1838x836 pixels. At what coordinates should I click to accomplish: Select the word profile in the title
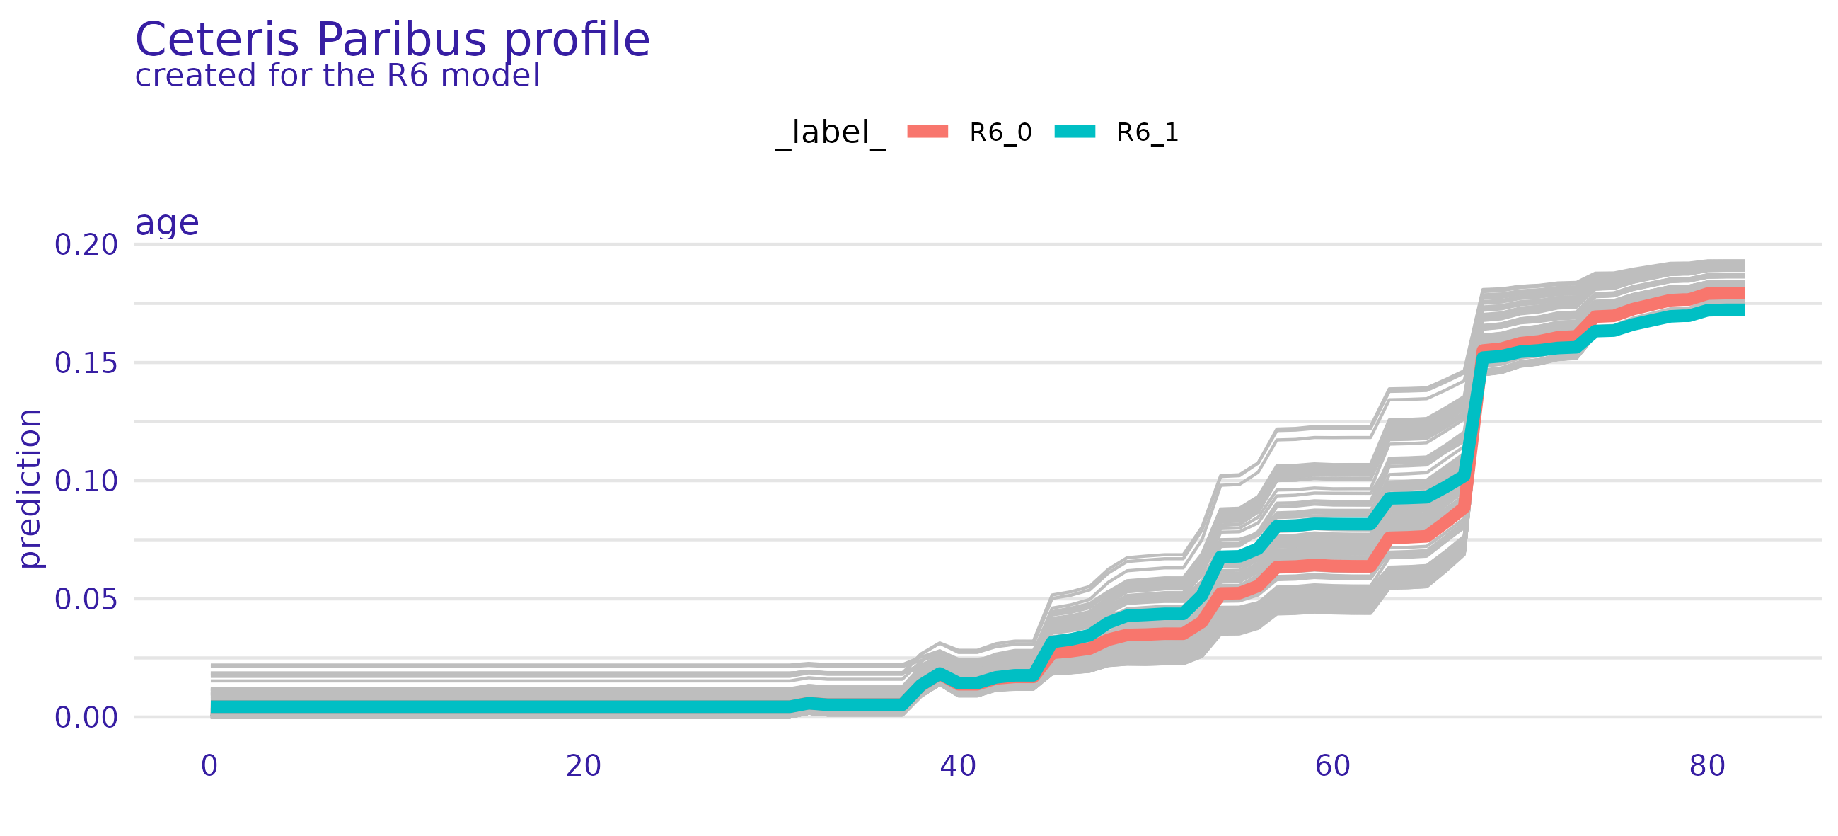577,40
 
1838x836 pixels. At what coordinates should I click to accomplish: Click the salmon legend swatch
927,132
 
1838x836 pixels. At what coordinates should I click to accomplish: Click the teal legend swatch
1075,132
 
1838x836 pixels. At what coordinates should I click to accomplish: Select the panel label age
167,224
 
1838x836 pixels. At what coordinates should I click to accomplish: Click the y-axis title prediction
30,488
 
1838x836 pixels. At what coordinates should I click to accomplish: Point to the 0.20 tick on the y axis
86,245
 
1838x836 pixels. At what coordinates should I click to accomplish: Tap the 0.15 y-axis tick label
86,363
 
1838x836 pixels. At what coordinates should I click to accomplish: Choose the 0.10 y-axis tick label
86,481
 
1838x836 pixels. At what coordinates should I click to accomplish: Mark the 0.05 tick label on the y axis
86,599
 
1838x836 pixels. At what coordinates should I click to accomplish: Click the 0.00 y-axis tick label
86,718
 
